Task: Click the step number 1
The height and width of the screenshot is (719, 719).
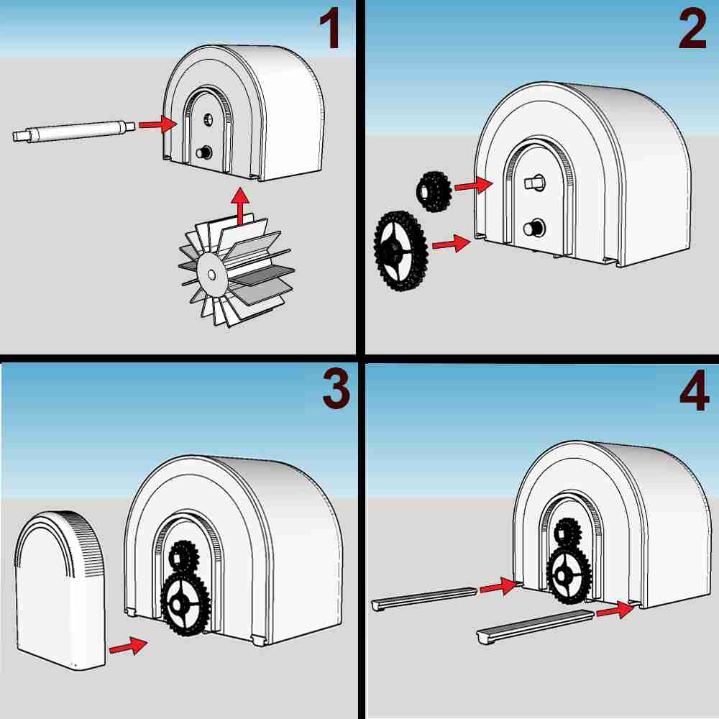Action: click(x=330, y=29)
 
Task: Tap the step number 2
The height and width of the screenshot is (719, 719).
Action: click(x=693, y=29)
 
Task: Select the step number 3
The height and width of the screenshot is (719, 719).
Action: click(x=336, y=389)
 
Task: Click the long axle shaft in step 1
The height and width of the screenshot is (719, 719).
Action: click(x=74, y=131)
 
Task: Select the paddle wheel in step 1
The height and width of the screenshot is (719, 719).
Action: click(x=236, y=270)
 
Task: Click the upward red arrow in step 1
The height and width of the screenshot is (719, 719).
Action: click(x=240, y=206)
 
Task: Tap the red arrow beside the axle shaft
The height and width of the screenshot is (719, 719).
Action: click(x=157, y=124)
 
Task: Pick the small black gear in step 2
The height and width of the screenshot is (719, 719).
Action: click(x=434, y=191)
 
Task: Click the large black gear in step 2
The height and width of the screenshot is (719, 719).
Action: click(x=401, y=251)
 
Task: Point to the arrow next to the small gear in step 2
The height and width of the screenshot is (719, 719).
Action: click(x=474, y=185)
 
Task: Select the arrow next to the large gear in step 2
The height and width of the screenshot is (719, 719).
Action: click(x=452, y=243)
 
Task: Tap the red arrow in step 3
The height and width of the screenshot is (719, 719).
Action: click(x=129, y=646)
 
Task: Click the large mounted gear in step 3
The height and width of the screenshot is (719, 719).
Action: click(x=184, y=603)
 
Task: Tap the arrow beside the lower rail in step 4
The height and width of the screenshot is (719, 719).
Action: click(x=615, y=610)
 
